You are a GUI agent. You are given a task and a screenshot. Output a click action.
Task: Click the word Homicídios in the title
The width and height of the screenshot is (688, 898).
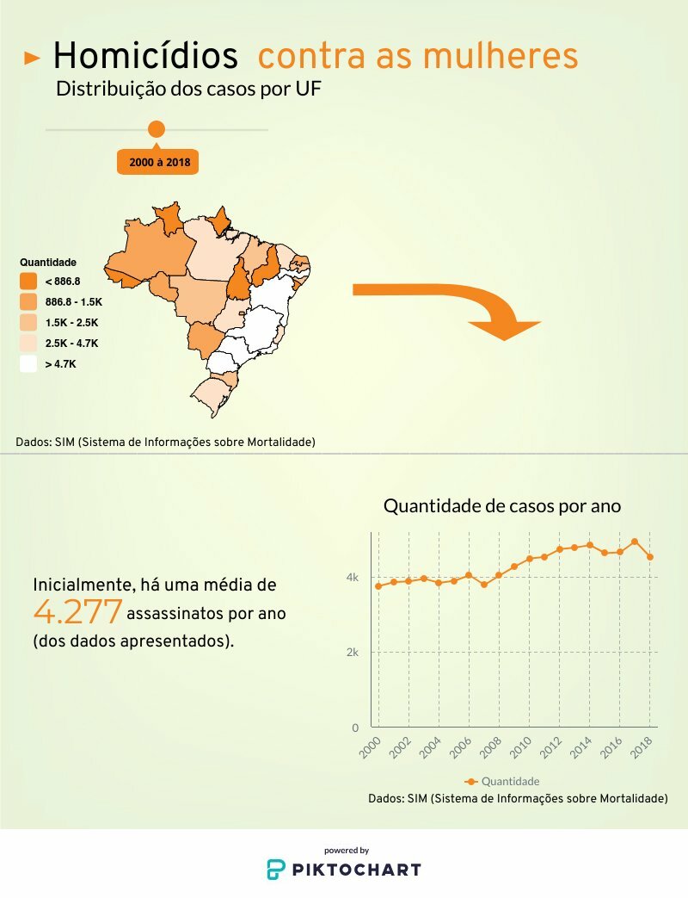click(144, 57)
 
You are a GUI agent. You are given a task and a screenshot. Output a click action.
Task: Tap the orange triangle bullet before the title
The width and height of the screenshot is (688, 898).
click(33, 59)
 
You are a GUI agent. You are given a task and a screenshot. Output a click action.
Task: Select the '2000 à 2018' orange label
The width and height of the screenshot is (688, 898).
click(158, 162)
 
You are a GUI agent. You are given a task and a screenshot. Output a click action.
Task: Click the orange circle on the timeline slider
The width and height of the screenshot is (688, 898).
click(157, 129)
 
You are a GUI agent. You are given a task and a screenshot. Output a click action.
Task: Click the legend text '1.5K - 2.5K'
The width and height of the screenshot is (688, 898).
click(72, 323)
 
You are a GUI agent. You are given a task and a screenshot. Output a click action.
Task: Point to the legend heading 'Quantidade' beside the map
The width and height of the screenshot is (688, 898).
click(48, 262)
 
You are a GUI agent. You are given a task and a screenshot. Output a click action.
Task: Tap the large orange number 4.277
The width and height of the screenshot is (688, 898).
click(77, 612)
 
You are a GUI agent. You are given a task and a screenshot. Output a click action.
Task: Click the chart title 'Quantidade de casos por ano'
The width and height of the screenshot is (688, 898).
click(502, 506)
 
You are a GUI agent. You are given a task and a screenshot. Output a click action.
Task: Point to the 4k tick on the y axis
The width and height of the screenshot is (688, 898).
click(353, 577)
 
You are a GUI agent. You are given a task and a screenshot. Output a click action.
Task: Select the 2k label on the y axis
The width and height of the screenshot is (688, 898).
click(353, 652)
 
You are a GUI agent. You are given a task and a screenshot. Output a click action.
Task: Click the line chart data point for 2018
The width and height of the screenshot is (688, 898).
click(650, 557)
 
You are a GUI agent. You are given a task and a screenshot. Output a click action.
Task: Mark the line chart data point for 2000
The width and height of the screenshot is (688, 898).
click(378, 586)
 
